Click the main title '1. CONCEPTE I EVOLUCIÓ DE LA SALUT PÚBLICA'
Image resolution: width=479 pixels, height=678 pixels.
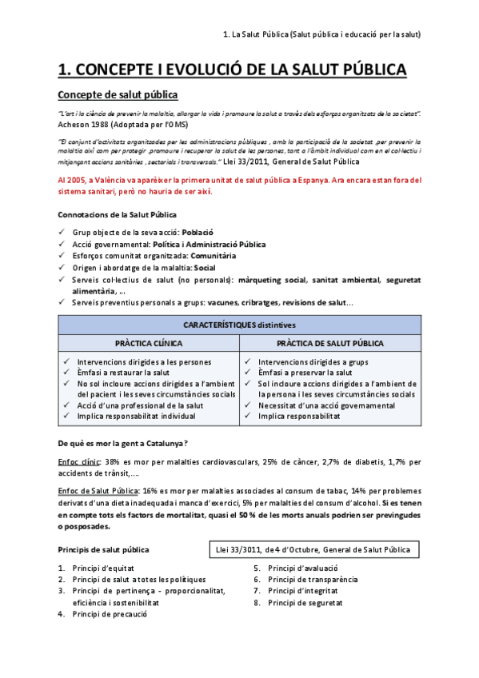[233, 70]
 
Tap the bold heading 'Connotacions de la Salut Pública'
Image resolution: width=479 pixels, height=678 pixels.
[118, 214]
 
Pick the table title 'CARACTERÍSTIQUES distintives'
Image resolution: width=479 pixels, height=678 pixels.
[239, 325]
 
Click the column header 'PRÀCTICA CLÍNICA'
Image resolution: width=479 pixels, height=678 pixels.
[149, 343]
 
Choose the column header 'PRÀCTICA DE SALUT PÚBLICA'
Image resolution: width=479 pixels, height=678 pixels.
[329, 343]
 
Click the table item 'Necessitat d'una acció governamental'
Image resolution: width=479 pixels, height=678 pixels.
[326, 405]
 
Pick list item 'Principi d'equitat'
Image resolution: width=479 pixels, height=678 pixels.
[104, 568]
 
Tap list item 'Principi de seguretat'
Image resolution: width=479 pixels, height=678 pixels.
[305, 602]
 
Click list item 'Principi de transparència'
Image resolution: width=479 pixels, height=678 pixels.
[313, 580]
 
